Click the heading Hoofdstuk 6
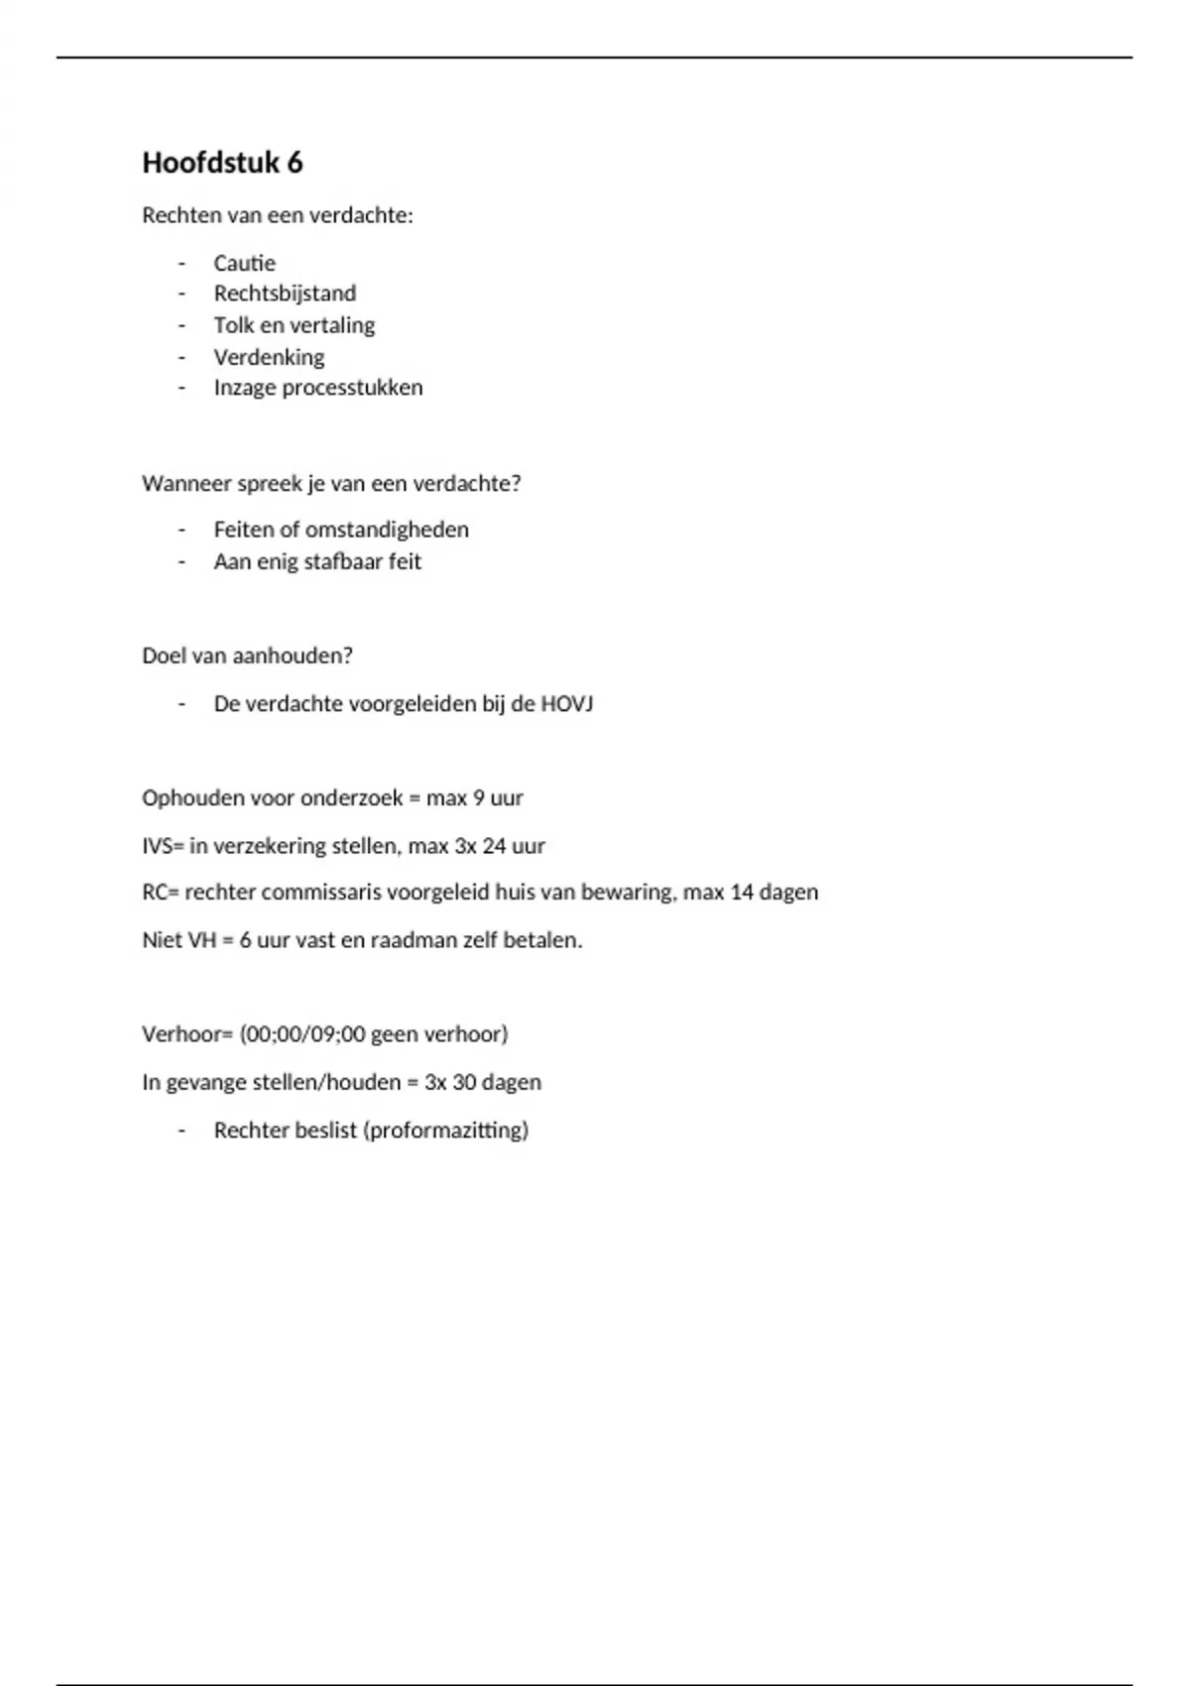[x=222, y=163]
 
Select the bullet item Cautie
[x=244, y=263]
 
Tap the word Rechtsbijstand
[x=285, y=294]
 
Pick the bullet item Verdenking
[x=269, y=357]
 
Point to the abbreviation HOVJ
[x=566, y=704]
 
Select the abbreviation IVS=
[x=163, y=846]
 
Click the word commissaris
[x=321, y=893]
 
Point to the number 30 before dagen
[x=464, y=1082]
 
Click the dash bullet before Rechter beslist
[x=181, y=1131]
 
